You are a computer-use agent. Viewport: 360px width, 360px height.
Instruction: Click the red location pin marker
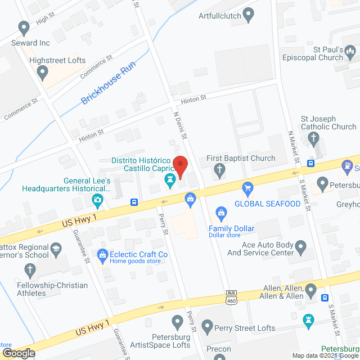[x=180, y=165]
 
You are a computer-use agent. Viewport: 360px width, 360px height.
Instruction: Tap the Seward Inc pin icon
[x=24, y=27]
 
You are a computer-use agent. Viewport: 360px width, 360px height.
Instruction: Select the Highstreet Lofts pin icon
[x=43, y=71]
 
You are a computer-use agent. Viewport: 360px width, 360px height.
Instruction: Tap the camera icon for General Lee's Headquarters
[x=98, y=199]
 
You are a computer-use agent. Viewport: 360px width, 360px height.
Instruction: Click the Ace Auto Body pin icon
[x=301, y=246]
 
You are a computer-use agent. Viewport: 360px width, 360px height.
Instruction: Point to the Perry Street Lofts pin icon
[x=208, y=325]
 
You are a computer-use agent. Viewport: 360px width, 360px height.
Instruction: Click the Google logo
[x=18, y=353]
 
